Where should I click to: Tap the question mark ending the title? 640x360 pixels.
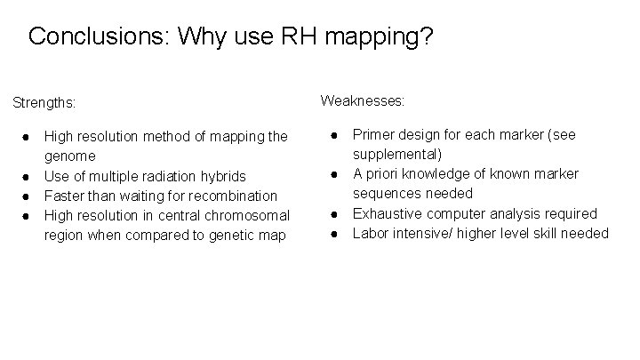[426, 37]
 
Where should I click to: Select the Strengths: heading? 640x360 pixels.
[44, 103]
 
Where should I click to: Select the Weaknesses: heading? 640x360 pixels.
[363, 100]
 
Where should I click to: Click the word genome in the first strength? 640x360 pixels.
[69, 156]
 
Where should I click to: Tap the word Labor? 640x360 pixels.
[372, 233]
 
